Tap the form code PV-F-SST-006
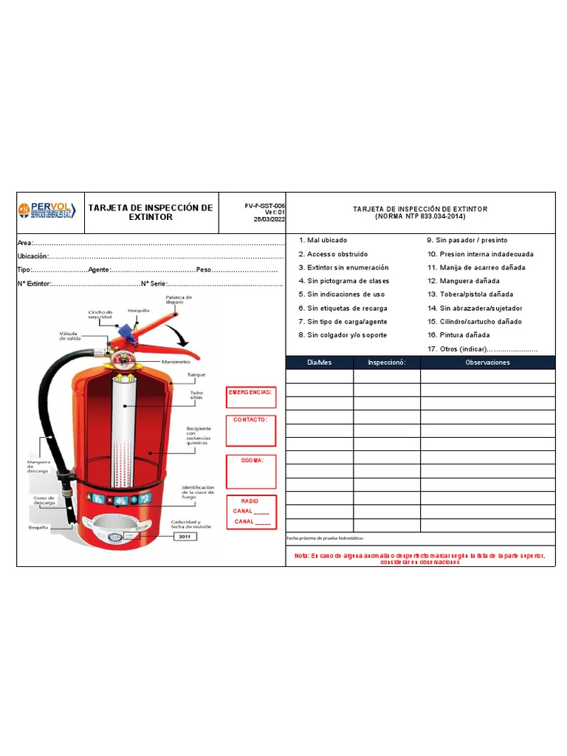point(265,206)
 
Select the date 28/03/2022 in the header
point(269,219)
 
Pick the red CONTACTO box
point(250,430)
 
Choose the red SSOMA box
point(250,471)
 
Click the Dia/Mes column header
point(319,362)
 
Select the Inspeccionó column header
point(386,362)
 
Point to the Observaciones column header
point(487,362)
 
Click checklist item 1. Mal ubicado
point(323,241)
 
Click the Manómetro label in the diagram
point(176,362)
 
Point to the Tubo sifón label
point(196,396)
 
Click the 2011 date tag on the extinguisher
point(185,537)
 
